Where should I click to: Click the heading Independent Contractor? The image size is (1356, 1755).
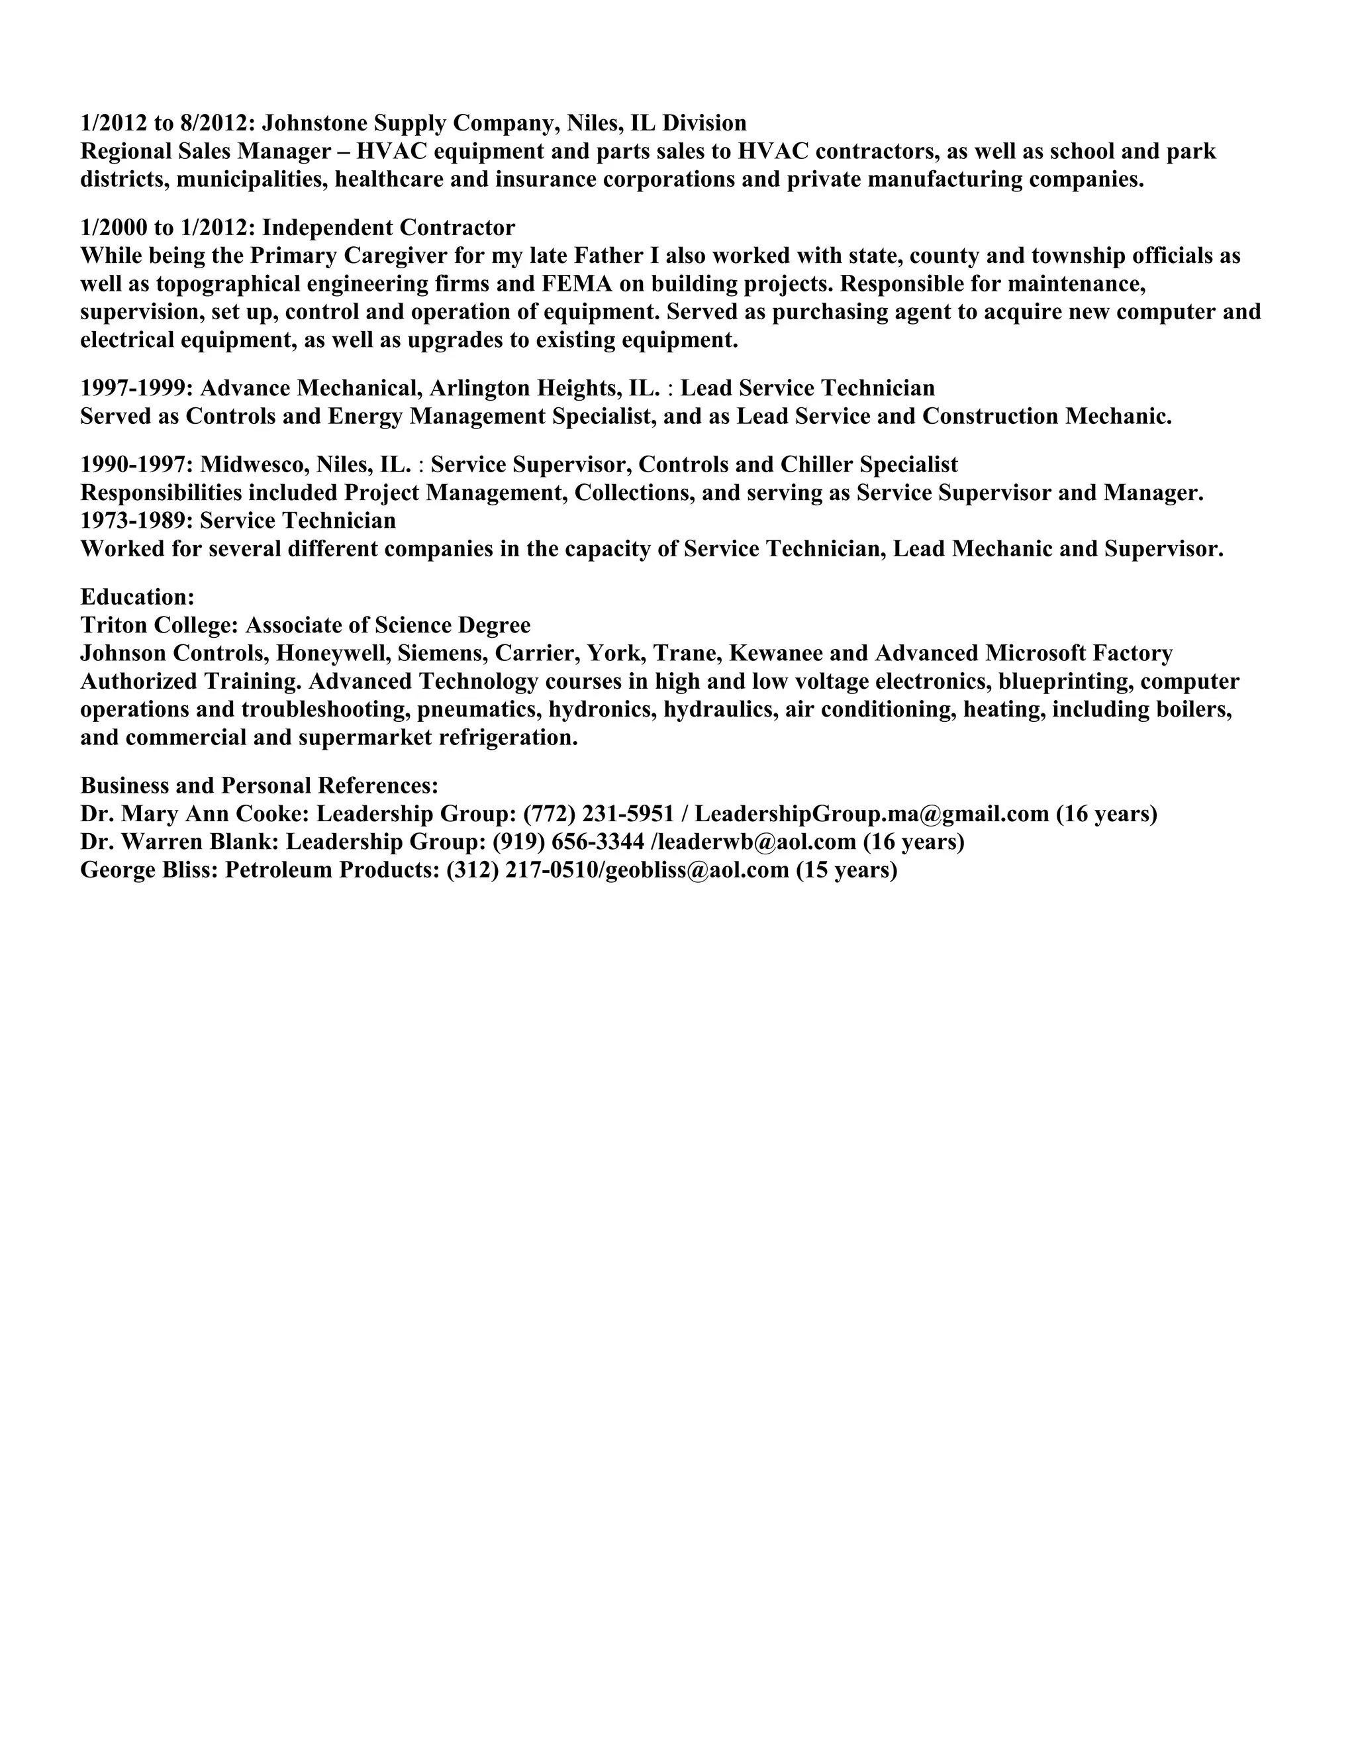[x=388, y=227]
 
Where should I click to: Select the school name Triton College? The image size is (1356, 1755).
[x=159, y=625]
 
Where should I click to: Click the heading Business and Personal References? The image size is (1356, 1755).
[x=259, y=786]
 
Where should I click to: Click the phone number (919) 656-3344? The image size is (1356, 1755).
[x=568, y=842]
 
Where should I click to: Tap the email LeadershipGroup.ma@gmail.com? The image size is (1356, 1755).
[x=871, y=814]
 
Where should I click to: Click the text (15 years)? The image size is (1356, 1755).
[x=846, y=870]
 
